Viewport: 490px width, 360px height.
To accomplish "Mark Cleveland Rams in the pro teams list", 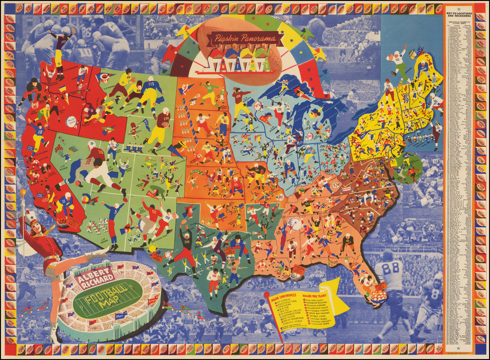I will (322, 329).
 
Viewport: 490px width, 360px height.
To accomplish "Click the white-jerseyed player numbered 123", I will (397, 60).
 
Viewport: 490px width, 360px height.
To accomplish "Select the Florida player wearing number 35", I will (368, 282).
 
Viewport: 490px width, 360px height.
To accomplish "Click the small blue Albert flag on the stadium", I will (121, 316).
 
